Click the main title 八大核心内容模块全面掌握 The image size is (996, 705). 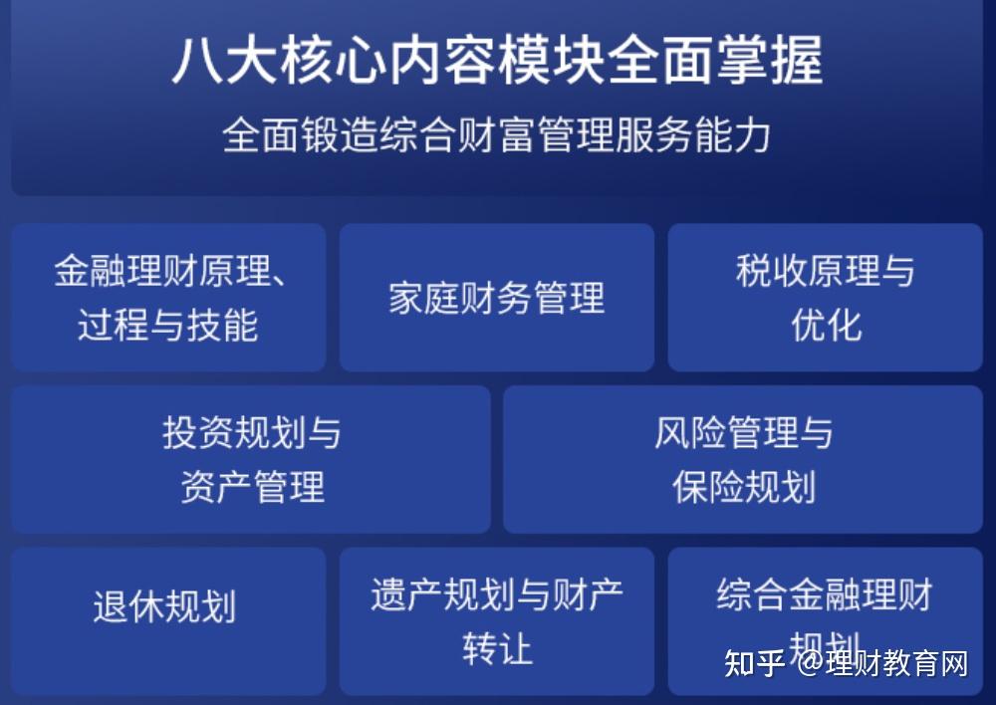(497, 62)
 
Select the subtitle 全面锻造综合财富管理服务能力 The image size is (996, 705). (497, 135)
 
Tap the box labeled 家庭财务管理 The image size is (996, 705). (496, 298)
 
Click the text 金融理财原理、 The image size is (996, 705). (170, 271)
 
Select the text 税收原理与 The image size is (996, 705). (825, 271)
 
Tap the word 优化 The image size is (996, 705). (826, 326)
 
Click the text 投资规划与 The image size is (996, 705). (251, 433)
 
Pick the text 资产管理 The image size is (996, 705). (252, 488)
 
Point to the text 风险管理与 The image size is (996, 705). (743, 433)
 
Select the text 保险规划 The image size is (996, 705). (743, 488)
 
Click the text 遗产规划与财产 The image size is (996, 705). (497, 594)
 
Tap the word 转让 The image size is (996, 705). (497, 649)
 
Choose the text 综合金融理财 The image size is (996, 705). (825, 594)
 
